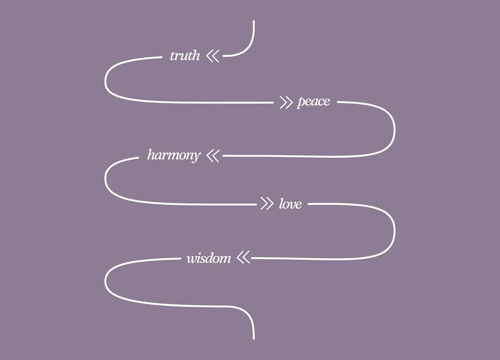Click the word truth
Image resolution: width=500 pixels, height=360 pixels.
click(185, 55)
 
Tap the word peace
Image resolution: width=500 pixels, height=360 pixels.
click(313, 102)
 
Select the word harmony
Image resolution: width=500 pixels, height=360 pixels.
click(174, 155)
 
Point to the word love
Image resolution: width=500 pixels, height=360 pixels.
click(291, 204)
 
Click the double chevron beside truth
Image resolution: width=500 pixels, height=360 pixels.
click(213, 56)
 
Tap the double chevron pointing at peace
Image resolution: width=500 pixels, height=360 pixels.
click(286, 103)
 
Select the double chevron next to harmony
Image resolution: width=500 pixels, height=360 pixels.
click(213, 156)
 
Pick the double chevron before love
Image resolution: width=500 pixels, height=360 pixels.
click(267, 203)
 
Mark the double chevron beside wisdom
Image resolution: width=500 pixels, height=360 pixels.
click(243, 258)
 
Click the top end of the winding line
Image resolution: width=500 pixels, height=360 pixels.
click(254, 21)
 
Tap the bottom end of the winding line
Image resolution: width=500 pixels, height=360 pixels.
click(254, 339)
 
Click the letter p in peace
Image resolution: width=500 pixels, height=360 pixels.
click(301, 103)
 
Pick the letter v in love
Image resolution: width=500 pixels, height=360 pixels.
click(291, 205)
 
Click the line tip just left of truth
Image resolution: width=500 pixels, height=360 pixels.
click(162, 57)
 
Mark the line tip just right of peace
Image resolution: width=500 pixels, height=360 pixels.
click(338, 102)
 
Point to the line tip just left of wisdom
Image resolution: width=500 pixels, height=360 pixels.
click(180, 258)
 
